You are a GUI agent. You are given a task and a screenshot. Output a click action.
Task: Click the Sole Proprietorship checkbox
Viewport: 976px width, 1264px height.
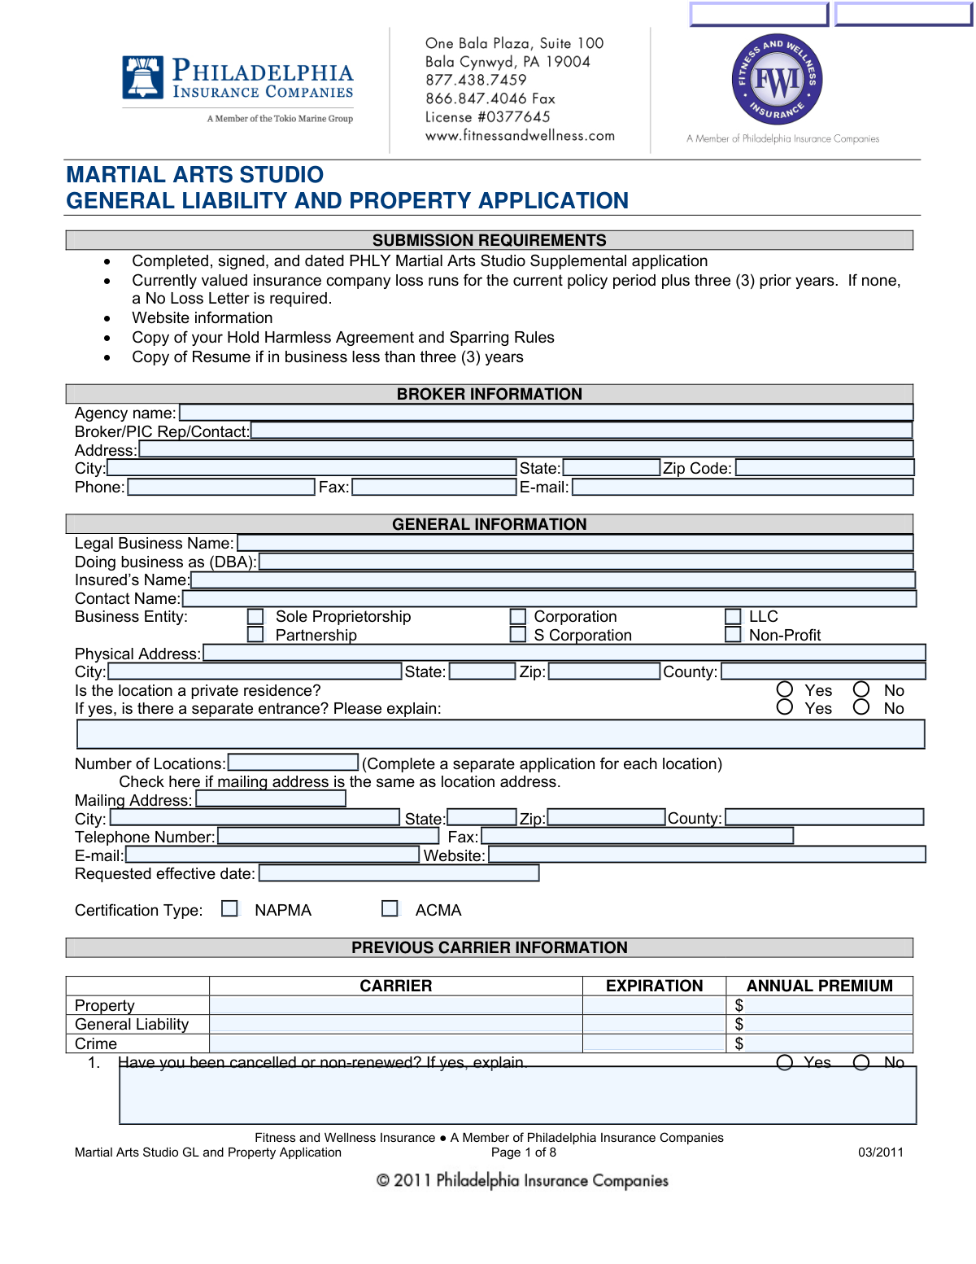[255, 617]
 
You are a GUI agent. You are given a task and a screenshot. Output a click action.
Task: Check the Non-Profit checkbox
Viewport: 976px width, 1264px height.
[734, 635]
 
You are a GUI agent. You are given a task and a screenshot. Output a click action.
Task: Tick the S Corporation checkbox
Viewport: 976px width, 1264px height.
[518, 635]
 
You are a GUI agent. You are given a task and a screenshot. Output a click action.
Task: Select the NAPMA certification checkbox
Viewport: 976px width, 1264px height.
[230, 908]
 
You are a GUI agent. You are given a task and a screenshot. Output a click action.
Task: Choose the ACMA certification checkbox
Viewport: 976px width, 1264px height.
[390, 908]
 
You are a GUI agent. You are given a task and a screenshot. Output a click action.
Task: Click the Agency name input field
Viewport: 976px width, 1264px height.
[546, 413]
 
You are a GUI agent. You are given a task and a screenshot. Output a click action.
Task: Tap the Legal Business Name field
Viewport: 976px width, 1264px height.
[575, 543]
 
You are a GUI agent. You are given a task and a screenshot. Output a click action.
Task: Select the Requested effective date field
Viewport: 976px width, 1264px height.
[399, 873]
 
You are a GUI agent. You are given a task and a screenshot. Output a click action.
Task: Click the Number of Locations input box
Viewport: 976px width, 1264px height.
[294, 763]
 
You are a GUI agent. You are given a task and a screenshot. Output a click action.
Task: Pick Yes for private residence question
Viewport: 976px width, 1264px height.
[785, 690]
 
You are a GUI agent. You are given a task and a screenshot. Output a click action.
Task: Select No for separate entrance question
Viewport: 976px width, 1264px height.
[861, 707]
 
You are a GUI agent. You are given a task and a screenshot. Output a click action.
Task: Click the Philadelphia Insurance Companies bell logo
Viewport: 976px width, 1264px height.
[142, 77]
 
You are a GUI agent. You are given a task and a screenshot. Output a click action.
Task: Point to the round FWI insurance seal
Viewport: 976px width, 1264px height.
[777, 80]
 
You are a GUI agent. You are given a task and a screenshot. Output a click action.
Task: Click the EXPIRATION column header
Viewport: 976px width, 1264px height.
[654, 986]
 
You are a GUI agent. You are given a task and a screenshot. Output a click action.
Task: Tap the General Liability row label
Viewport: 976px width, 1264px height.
[132, 1025]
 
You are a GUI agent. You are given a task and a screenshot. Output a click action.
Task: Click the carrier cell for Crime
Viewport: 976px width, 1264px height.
[396, 1043]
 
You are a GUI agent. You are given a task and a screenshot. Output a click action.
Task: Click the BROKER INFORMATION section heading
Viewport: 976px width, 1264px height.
[490, 394]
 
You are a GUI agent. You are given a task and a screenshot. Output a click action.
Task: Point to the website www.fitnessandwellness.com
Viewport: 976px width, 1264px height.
[520, 136]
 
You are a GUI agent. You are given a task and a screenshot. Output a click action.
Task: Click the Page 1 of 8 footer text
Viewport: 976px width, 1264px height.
[524, 1152]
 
